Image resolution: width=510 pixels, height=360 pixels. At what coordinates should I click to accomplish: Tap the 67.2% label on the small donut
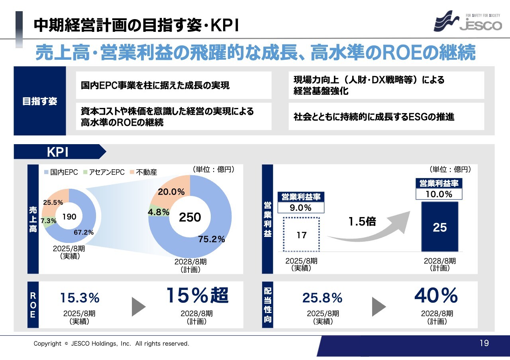tap(83, 233)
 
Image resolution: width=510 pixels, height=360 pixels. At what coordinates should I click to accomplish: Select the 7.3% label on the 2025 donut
tap(49, 220)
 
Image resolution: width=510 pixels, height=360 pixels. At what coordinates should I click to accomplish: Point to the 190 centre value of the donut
tap(69, 217)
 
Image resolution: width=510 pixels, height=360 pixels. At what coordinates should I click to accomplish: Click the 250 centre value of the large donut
tap(190, 217)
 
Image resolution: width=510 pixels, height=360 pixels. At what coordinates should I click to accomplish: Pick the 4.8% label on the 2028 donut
tap(159, 212)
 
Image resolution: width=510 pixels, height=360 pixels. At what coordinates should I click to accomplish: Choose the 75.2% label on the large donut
tap(212, 239)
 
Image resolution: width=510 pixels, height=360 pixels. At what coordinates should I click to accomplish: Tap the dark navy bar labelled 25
tap(440, 227)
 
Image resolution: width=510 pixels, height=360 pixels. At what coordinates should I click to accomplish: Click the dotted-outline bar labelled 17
tap(302, 235)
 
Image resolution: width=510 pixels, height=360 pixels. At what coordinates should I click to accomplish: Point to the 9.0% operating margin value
tap(300, 207)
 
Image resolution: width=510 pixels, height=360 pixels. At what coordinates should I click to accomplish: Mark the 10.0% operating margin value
tap(439, 194)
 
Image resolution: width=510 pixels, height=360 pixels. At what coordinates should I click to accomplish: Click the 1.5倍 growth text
tap(362, 221)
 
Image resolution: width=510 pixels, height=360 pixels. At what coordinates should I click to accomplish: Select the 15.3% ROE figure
tap(80, 297)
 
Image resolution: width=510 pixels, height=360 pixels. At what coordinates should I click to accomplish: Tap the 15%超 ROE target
tap(197, 295)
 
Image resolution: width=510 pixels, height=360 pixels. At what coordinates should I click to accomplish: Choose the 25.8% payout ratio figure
tap(322, 297)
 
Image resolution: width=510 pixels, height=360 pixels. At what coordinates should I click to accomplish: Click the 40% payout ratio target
tap(436, 295)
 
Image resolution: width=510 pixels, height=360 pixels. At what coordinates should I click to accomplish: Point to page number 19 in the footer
tap(484, 343)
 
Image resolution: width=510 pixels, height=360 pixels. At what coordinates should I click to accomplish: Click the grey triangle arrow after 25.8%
tap(379, 306)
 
